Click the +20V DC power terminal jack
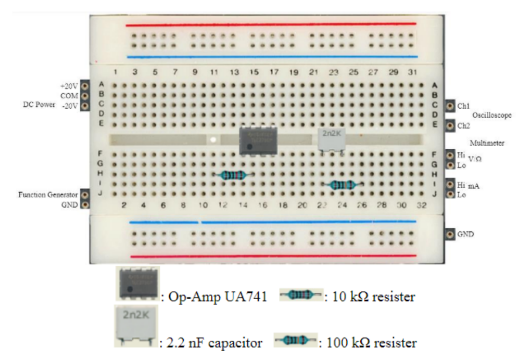tap(85, 86)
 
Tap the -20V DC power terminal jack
tap(85, 106)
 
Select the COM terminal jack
tap(85, 96)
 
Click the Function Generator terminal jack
tap(85, 195)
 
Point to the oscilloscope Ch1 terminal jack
tap(450, 106)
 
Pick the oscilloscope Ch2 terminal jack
tap(450, 125)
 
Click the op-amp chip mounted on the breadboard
tap(258, 140)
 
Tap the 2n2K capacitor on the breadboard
tap(332, 138)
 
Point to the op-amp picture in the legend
tap(137, 284)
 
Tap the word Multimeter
tap(487, 143)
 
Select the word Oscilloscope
tap(491, 115)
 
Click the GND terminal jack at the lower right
tap(450, 234)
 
